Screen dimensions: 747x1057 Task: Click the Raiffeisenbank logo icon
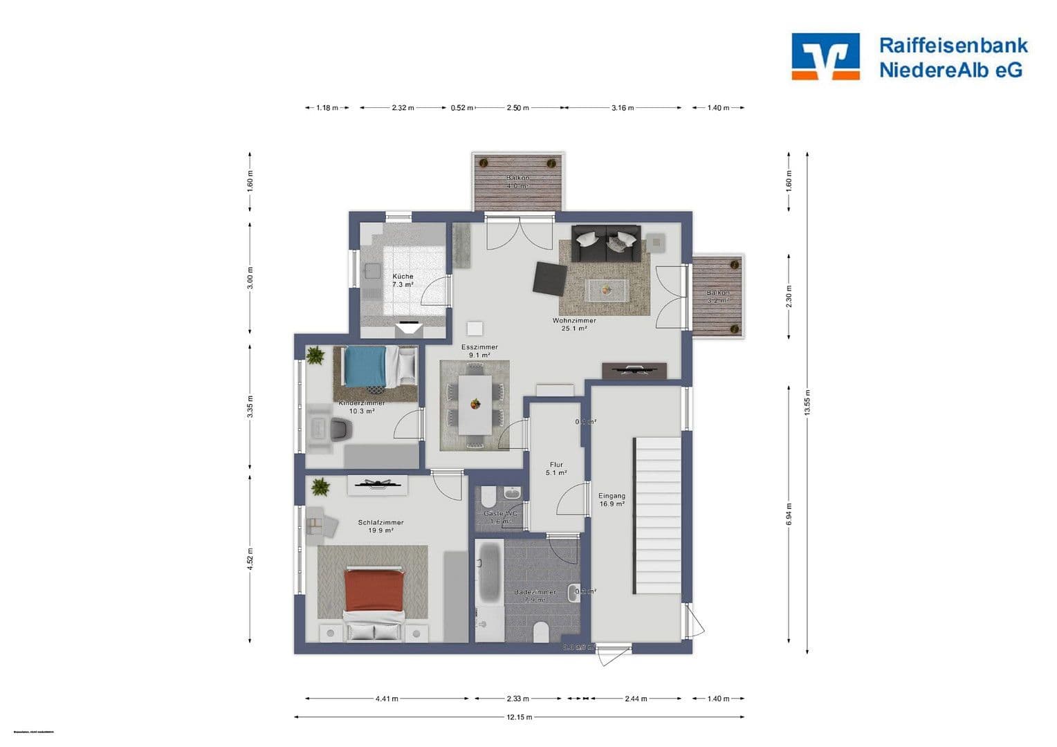pyautogui.click(x=825, y=56)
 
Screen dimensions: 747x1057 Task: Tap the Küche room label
pyautogui.click(x=403, y=280)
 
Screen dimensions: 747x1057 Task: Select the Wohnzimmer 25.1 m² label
pyautogui.click(x=573, y=324)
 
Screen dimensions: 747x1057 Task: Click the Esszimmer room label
pyautogui.click(x=479, y=351)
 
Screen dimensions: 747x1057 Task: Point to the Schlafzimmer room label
pyautogui.click(x=380, y=526)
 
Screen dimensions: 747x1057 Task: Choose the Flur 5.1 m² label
pyautogui.click(x=556, y=469)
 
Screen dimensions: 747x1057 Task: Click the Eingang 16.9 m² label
pyautogui.click(x=612, y=499)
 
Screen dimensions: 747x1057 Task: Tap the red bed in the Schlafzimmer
pyautogui.click(x=374, y=591)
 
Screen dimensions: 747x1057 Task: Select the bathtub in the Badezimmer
pyautogui.click(x=490, y=571)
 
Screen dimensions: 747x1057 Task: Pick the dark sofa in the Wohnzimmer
pyautogui.click(x=606, y=243)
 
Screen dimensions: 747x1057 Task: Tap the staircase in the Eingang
pyautogui.click(x=656, y=515)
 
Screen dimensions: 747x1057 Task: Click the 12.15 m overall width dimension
pyautogui.click(x=519, y=717)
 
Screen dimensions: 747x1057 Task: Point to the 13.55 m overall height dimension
pyautogui.click(x=807, y=402)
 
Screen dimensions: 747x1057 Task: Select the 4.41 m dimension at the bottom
pyautogui.click(x=387, y=699)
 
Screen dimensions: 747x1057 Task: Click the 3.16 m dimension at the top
pyautogui.click(x=622, y=108)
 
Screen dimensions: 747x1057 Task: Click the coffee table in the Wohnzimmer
pyautogui.click(x=607, y=290)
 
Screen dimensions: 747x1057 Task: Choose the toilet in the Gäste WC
pyautogui.click(x=488, y=496)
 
